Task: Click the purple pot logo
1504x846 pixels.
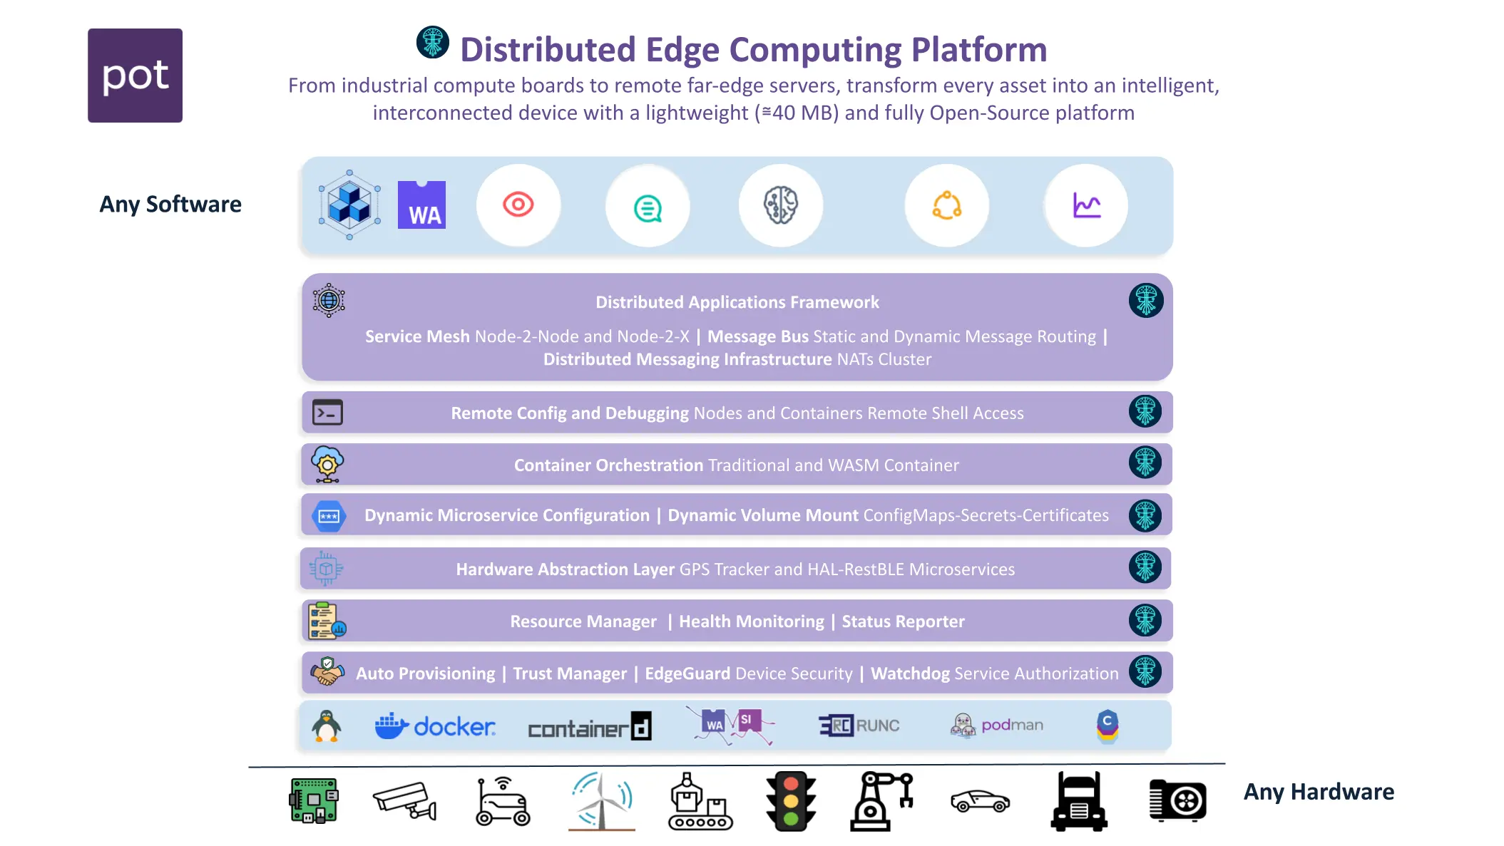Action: (x=135, y=76)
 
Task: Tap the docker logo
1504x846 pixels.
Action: (x=435, y=726)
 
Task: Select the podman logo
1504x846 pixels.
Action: (x=997, y=726)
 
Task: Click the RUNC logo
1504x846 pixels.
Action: (x=859, y=726)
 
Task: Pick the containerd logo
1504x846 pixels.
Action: (x=589, y=727)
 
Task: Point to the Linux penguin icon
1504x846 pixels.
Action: (x=327, y=726)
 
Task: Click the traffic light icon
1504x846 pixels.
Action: (x=790, y=801)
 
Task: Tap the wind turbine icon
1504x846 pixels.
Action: (x=601, y=801)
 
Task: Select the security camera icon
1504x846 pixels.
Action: (x=404, y=801)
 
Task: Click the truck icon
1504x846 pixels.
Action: (x=1078, y=801)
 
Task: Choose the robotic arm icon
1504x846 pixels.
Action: (x=881, y=801)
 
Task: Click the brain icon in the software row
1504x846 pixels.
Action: (x=781, y=205)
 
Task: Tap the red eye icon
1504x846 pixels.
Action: (x=518, y=205)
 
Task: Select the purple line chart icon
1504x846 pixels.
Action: (x=1086, y=205)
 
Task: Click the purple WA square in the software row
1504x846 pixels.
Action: (x=421, y=205)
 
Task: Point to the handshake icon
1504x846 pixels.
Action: (x=327, y=672)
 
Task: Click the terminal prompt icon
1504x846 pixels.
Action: (x=327, y=413)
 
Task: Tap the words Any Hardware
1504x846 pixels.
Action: (x=1319, y=792)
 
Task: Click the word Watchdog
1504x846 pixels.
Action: (x=910, y=674)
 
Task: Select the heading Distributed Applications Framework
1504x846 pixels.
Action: (x=737, y=302)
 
